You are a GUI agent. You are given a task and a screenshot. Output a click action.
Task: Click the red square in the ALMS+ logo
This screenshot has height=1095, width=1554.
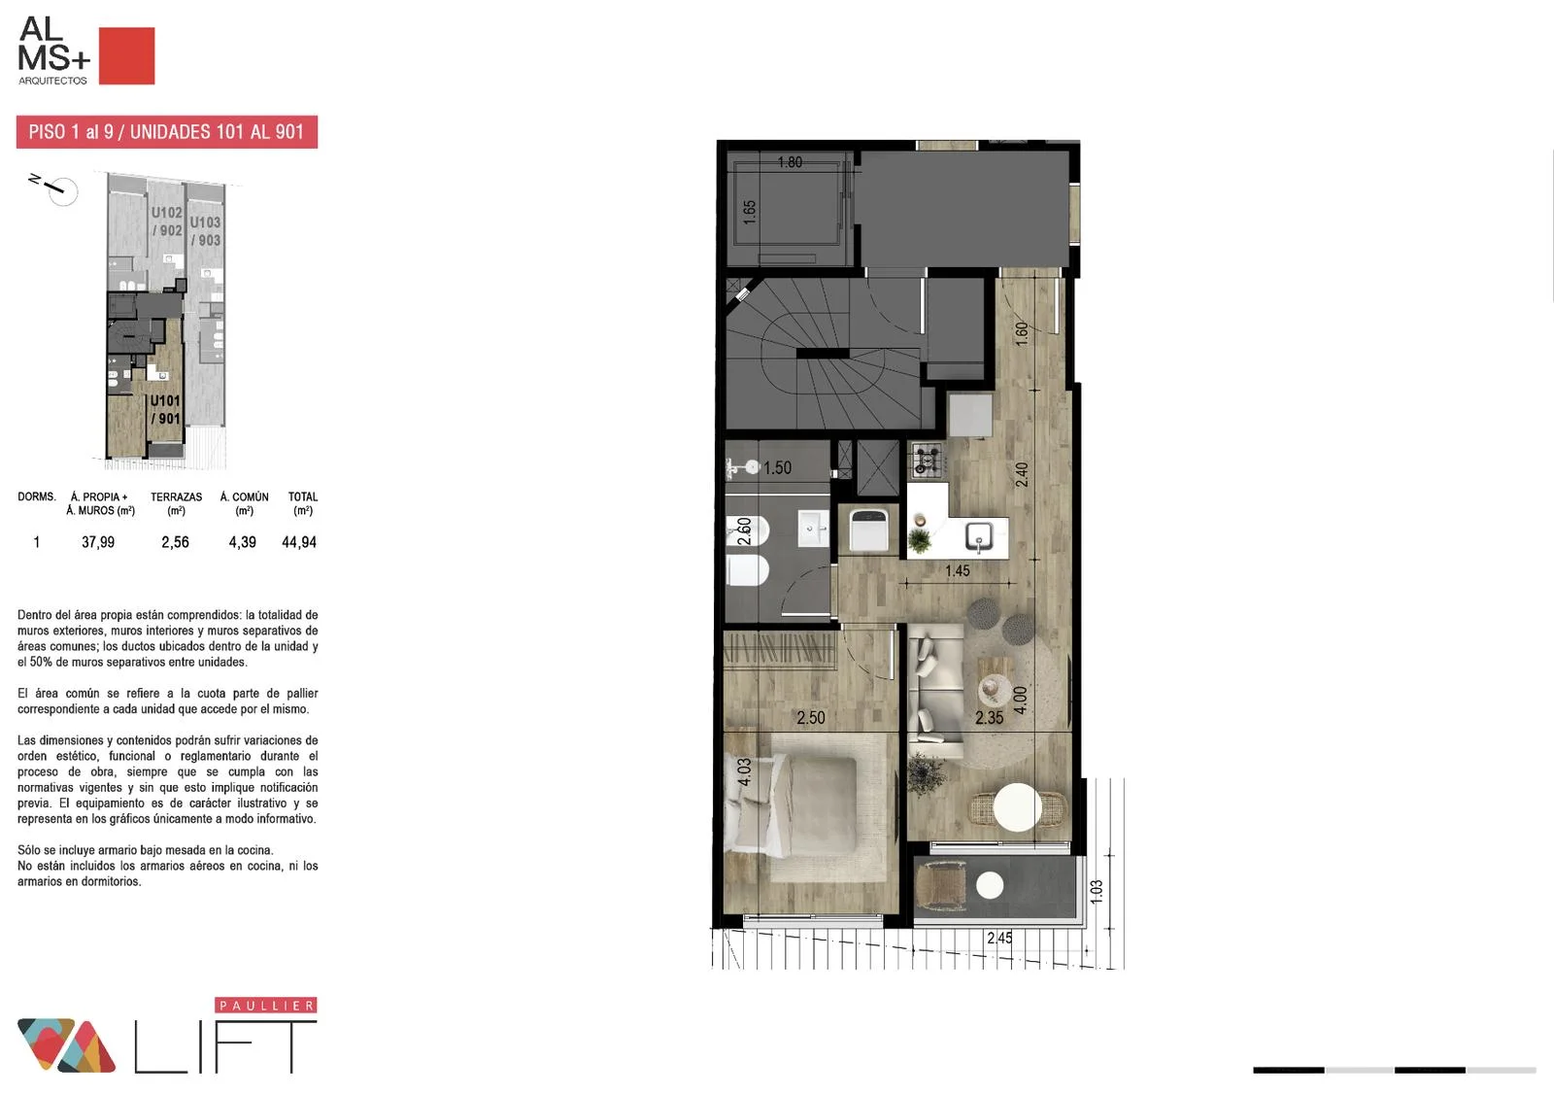click(x=126, y=55)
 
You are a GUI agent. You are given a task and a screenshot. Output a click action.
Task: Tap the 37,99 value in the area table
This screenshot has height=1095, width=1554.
click(x=98, y=542)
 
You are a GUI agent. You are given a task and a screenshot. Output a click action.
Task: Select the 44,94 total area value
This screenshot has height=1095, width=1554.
click(x=299, y=542)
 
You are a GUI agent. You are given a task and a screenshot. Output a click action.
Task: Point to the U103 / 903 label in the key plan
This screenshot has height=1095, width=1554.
click(x=205, y=231)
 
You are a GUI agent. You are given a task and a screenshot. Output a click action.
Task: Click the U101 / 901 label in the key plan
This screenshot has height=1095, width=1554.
click(x=165, y=409)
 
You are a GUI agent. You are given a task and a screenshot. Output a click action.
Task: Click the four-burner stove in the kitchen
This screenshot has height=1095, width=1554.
click(x=927, y=459)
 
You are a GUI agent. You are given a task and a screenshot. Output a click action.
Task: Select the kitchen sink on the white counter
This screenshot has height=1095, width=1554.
click(x=978, y=536)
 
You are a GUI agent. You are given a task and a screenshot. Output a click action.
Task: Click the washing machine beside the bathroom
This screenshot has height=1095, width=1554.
click(x=868, y=529)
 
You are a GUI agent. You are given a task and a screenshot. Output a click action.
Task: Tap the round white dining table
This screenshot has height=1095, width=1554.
click(x=1017, y=807)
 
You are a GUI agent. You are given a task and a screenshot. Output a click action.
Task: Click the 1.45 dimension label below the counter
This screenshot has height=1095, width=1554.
click(x=958, y=570)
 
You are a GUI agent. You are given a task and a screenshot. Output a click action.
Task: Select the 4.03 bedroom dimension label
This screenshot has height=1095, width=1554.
click(x=744, y=771)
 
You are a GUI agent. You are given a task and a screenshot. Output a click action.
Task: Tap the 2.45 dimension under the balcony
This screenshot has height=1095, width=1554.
click(x=999, y=938)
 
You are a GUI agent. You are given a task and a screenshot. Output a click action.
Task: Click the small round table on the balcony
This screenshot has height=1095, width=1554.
click(x=990, y=885)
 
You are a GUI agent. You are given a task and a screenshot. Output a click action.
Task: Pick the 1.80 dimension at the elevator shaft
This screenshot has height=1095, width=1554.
click(x=790, y=161)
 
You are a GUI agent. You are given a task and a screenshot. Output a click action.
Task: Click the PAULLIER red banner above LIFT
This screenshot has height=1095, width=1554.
click(x=266, y=1005)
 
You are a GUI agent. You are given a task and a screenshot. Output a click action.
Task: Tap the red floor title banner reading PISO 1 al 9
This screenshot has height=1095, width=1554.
click(x=166, y=132)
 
